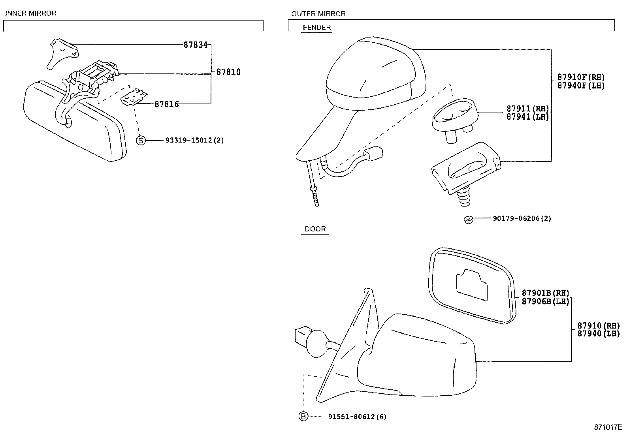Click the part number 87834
tap(195, 45)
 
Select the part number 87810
tap(228, 72)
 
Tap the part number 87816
tap(166, 104)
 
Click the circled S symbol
tap(141, 140)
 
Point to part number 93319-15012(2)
tap(195, 140)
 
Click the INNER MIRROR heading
tap(31, 13)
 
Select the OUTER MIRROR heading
tap(318, 14)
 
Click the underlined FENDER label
tap(316, 28)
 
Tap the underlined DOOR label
tap(315, 229)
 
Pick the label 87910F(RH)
tap(581, 77)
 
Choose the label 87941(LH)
tap(528, 117)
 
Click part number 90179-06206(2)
tap(522, 218)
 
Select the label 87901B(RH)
tap(545, 293)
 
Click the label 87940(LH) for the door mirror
tap(598, 334)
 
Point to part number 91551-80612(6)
tap(357, 416)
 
